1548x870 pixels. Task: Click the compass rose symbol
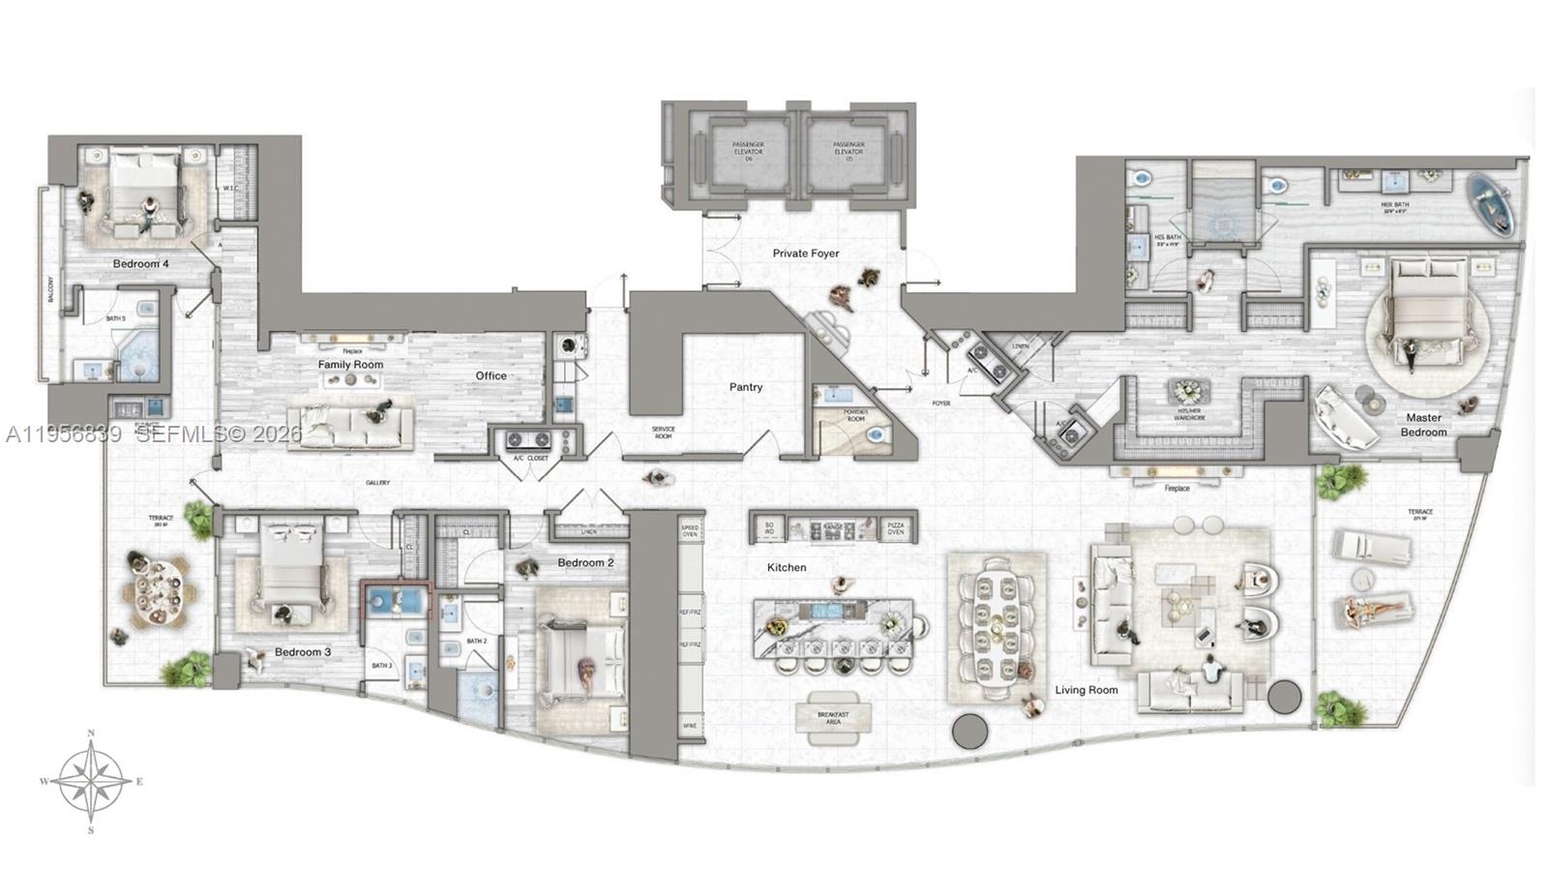(x=91, y=781)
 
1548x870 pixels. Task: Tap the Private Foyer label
(x=805, y=254)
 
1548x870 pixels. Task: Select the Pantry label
(x=746, y=387)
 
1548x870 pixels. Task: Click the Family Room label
(x=350, y=365)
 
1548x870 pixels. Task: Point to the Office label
(x=491, y=375)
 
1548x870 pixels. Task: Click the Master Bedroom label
(x=1423, y=425)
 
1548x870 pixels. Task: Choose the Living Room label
(x=1086, y=690)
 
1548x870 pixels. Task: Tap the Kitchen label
(x=787, y=567)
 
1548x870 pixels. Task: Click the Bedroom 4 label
(x=140, y=264)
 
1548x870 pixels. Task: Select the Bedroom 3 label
(x=302, y=652)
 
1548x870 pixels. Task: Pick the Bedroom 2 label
(x=585, y=562)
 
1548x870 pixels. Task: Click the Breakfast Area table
(x=833, y=717)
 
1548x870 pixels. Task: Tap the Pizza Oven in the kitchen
(x=896, y=528)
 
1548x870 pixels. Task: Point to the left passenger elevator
(x=748, y=151)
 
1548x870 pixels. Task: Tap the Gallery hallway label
(x=377, y=483)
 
